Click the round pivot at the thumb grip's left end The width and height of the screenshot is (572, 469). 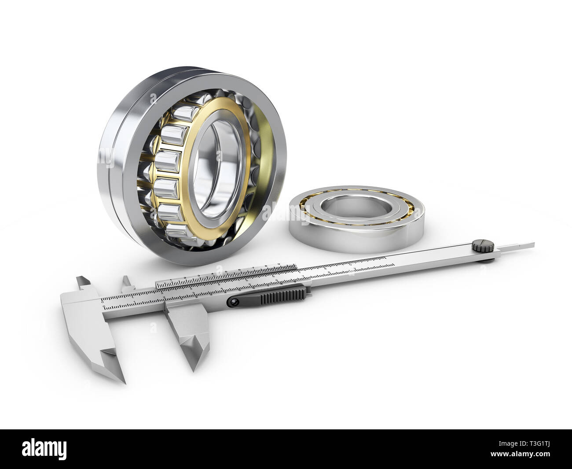233,301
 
